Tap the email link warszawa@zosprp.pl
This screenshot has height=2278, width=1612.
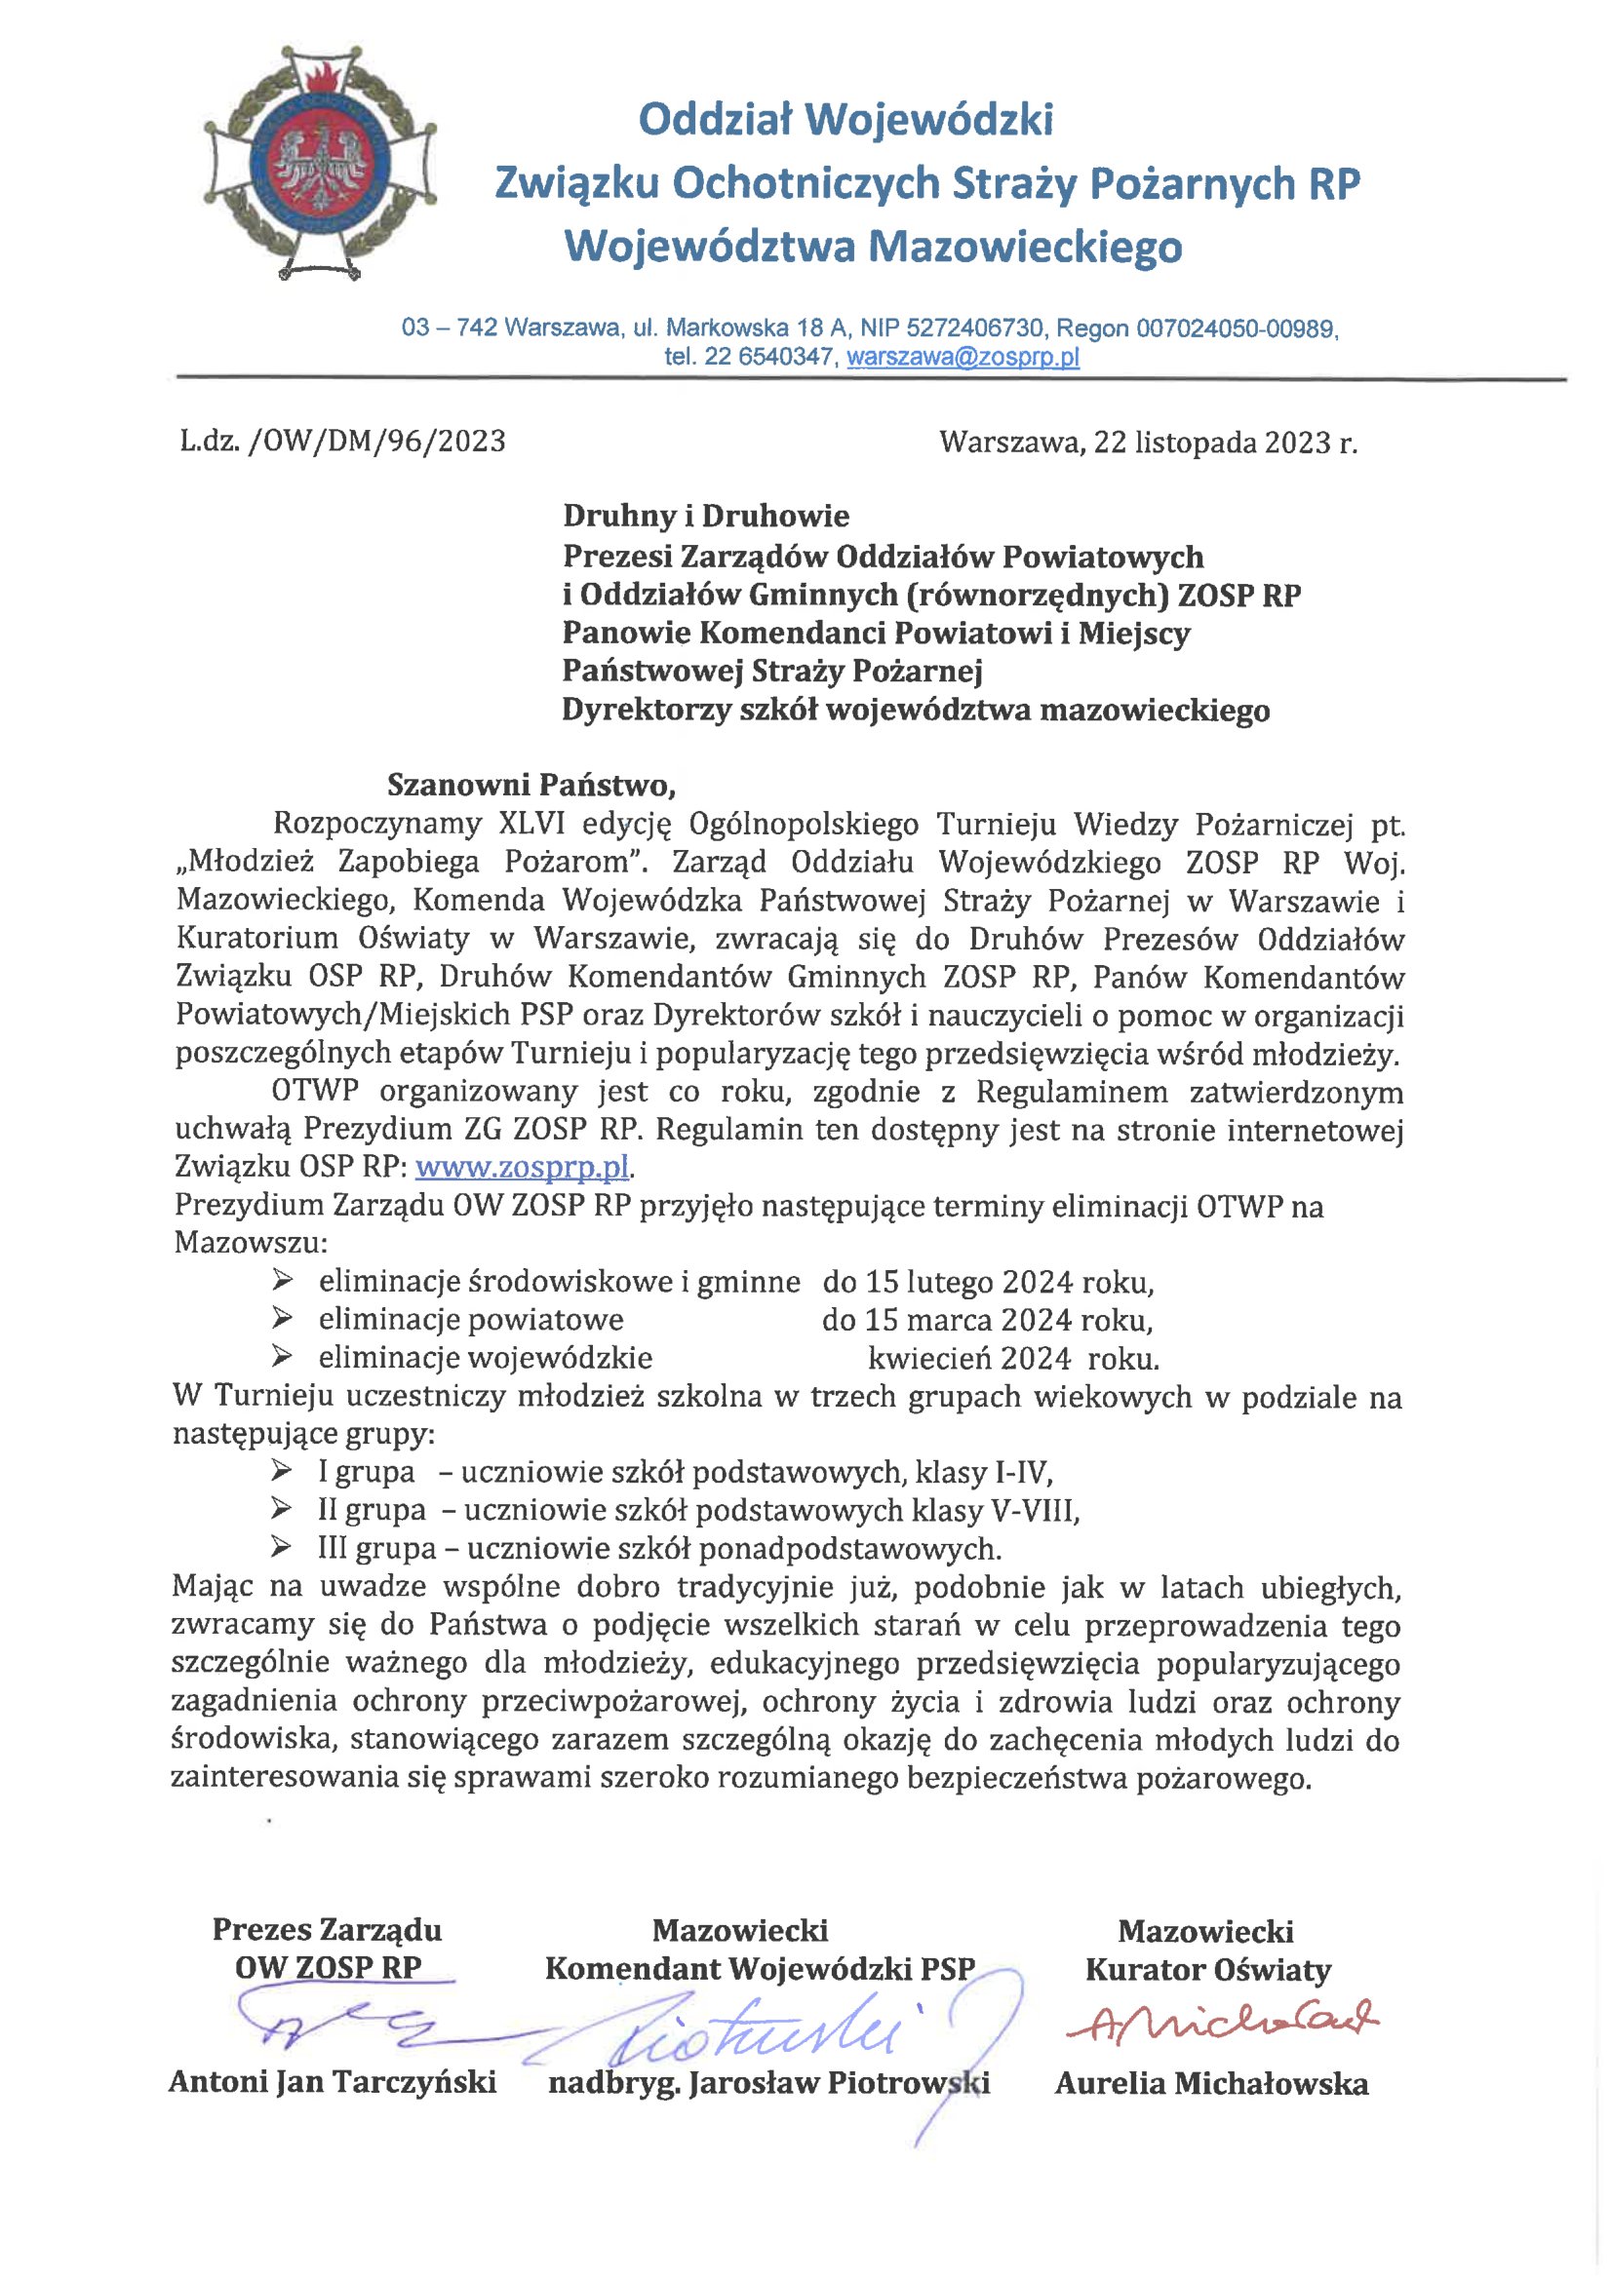962,358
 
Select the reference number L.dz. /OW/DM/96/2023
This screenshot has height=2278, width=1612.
342,441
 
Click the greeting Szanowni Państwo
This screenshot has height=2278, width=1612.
531,785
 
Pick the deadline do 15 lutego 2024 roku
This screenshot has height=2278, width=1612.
988,1282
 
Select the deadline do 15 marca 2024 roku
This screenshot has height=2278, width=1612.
987,1321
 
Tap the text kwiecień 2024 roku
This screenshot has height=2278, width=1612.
1012,1357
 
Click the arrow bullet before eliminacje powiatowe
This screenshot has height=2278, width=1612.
282,1320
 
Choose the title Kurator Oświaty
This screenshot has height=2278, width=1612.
1208,1970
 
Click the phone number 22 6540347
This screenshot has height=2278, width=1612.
768,358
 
